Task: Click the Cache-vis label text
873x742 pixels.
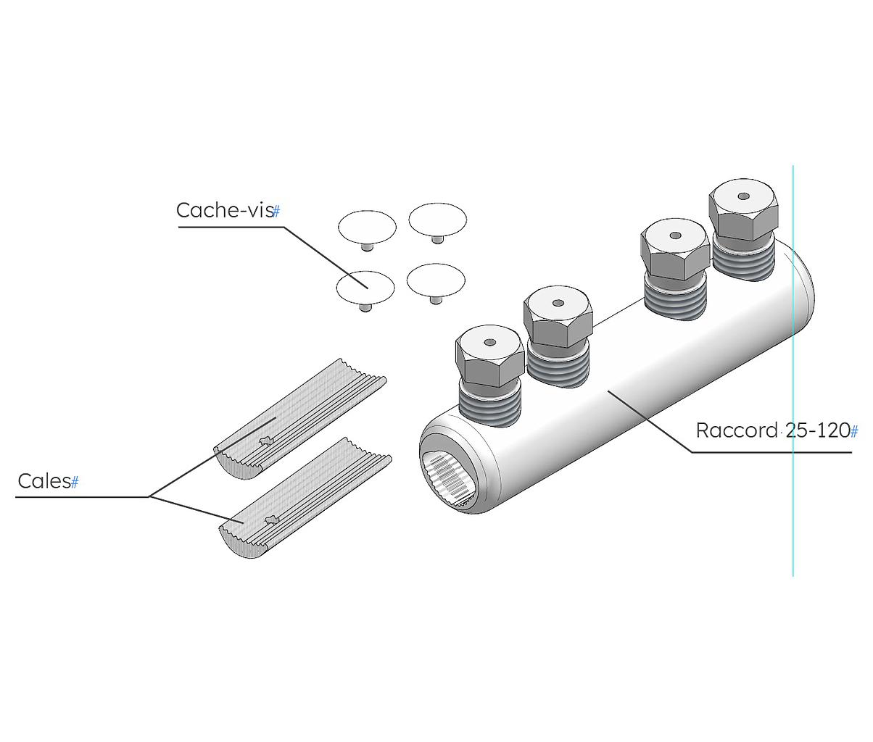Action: point(224,210)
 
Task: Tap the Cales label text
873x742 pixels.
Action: point(44,481)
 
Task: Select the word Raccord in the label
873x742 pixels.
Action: point(736,430)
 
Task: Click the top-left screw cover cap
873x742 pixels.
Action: point(367,226)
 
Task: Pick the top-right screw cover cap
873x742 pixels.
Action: point(437,219)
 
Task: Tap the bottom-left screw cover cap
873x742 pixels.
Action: point(365,287)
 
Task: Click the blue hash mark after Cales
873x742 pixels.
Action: point(75,483)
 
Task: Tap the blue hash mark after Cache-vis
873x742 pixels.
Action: point(276,212)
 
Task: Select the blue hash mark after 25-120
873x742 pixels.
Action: point(854,432)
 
